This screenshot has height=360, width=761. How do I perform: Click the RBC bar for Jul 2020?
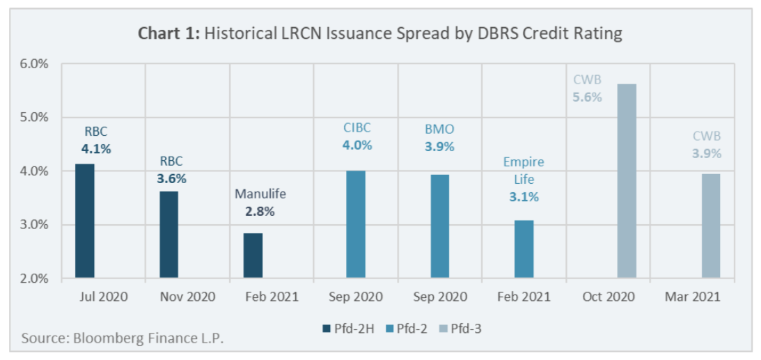tap(85, 221)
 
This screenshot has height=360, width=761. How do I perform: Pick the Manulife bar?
tap(253, 256)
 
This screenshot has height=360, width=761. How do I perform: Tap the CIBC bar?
tap(356, 225)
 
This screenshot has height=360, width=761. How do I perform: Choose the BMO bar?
tap(440, 226)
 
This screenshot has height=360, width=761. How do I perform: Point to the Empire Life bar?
tap(524, 249)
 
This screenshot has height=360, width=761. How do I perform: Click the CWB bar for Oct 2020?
tap(627, 182)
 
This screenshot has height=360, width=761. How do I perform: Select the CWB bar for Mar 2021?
tap(711, 226)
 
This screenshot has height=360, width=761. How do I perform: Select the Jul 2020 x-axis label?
tap(103, 297)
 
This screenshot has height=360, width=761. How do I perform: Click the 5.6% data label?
tap(587, 97)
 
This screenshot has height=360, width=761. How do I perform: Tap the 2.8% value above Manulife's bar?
tap(260, 212)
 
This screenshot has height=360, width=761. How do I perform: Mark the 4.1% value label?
tap(96, 148)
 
